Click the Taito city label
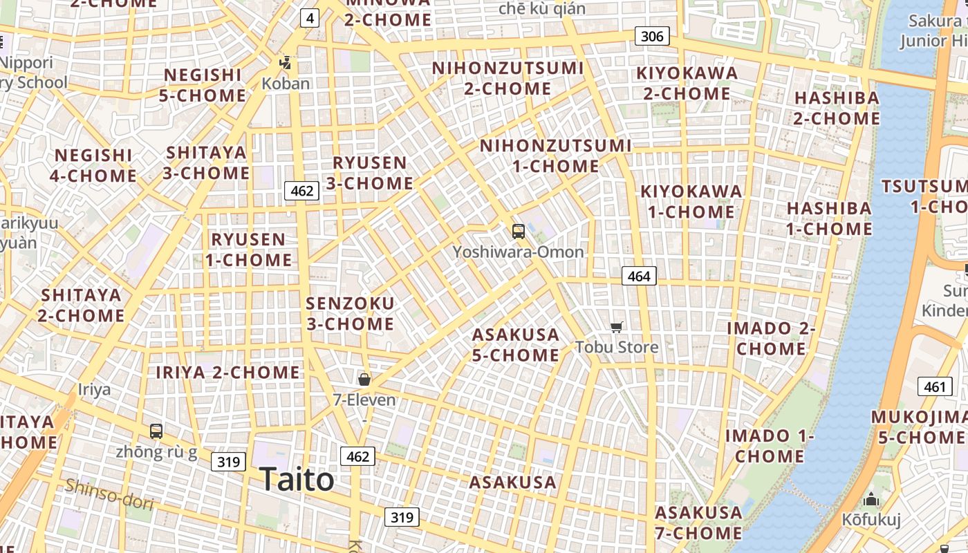[297, 480]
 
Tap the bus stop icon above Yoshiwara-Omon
[518, 232]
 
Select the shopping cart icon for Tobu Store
[616, 327]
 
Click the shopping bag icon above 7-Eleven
[364, 379]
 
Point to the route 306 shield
[652, 36]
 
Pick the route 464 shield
[638, 276]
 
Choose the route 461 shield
[934, 386]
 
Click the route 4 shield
[309, 18]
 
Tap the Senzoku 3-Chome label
[350, 313]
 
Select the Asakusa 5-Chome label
[516, 345]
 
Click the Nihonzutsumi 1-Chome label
[556, 156]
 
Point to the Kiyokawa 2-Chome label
[687, 83]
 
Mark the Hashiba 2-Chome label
[837, 108]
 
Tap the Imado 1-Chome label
[770, 446]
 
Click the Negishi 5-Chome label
[203, 85]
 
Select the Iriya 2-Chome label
[227, 373]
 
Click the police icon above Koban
[285, 64]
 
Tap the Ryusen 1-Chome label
[248, 250]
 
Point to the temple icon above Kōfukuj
[871, 499]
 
